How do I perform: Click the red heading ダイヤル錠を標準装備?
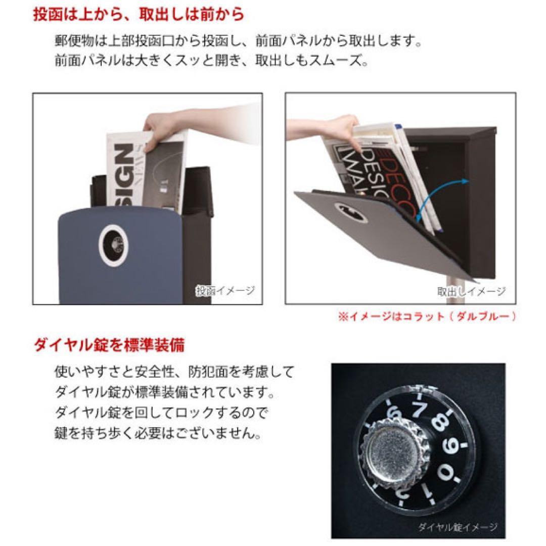[109, 346]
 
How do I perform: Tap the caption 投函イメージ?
[225, 291]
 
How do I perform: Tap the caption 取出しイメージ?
[471, 291]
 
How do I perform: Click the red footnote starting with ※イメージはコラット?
[428, 317]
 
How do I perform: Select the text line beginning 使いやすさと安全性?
[174, 373]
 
